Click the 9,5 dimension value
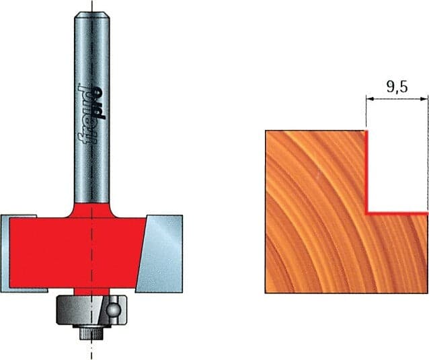click(397, 87)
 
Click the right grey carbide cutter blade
click(159, 254)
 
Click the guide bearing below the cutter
click(91, 310)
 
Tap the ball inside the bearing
click(113, 310)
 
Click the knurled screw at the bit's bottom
click(91, 334)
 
